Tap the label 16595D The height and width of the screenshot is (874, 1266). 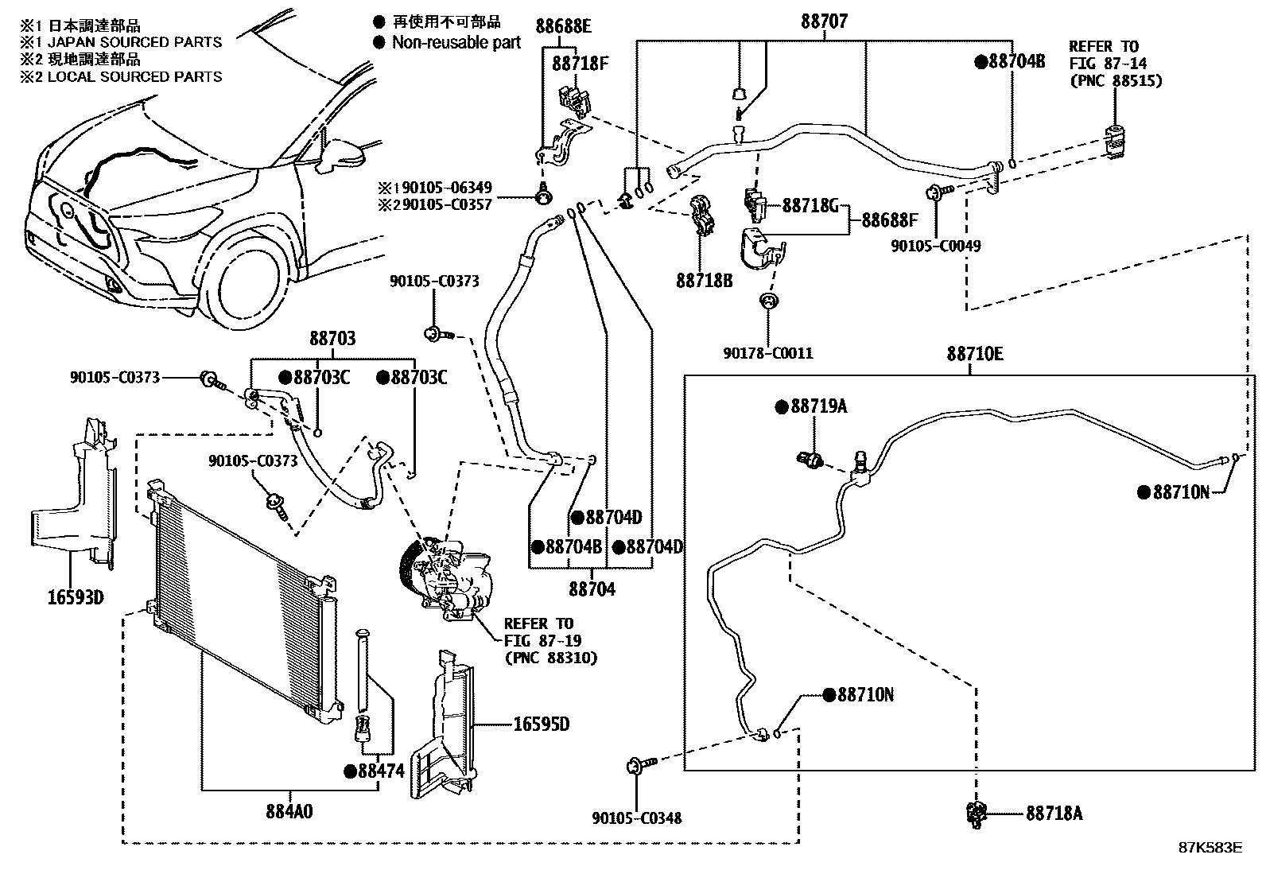542,724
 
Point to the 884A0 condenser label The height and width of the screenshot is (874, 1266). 289,812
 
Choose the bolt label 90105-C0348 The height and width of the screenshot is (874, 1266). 636,818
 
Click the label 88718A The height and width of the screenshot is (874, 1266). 1054,813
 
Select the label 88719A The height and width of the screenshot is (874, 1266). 818,406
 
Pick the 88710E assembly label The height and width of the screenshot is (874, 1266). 974,354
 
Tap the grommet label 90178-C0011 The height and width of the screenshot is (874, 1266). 768,353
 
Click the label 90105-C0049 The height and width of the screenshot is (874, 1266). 935,246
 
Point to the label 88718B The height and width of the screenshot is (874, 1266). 705,280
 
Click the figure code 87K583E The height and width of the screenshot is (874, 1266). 1210,848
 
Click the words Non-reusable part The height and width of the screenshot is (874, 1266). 456,42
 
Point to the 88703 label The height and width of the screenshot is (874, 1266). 332,339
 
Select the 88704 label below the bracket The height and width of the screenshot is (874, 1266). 592,589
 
